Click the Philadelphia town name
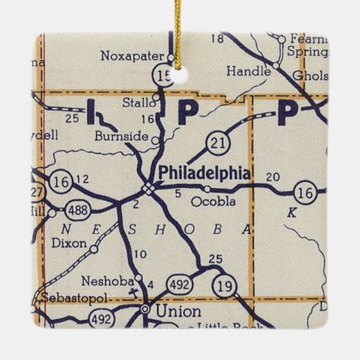[205, 172]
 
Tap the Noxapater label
[133, 55]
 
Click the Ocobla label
[214, 202]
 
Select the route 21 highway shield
[215, 143]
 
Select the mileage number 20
[273, 177]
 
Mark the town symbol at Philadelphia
[148, 188]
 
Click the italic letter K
[291, 212]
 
